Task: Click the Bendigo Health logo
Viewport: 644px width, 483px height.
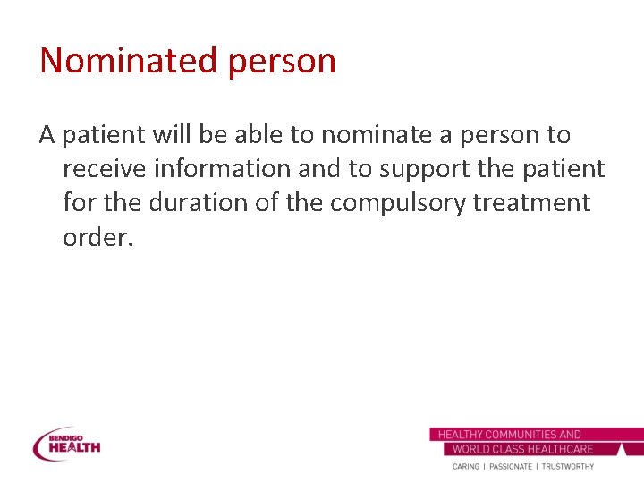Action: pyautogui.click(x=67, y=444)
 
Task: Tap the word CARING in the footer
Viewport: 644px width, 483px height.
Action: pyautogui.click(x=466, y=467)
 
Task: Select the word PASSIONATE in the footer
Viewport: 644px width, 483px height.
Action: pyautogui.click(x=511, y=467)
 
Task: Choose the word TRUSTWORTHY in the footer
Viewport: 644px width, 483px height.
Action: pyautogui.click(x=568, y=467)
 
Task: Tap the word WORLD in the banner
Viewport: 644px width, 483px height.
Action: pyautogui.click(x=470, y=449)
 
